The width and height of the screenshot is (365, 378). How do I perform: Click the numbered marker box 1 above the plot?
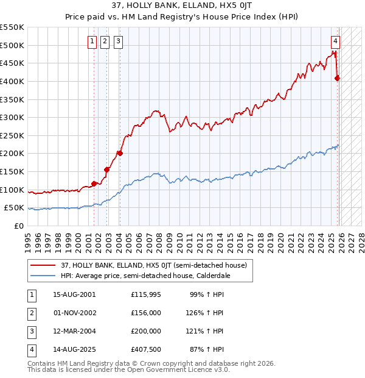point(92,41)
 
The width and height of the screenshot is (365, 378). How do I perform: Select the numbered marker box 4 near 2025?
point(335,41)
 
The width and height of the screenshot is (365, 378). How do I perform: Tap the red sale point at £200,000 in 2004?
point(120,153)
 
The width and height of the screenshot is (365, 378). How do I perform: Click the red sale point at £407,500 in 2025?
point(337,77)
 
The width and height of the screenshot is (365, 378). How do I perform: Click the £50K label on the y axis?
point(14,208)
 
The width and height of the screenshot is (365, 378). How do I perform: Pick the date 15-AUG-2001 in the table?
point(74,294)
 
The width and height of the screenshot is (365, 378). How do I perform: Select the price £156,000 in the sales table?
point(146,312)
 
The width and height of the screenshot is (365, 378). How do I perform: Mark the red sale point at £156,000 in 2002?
point(106,169)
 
